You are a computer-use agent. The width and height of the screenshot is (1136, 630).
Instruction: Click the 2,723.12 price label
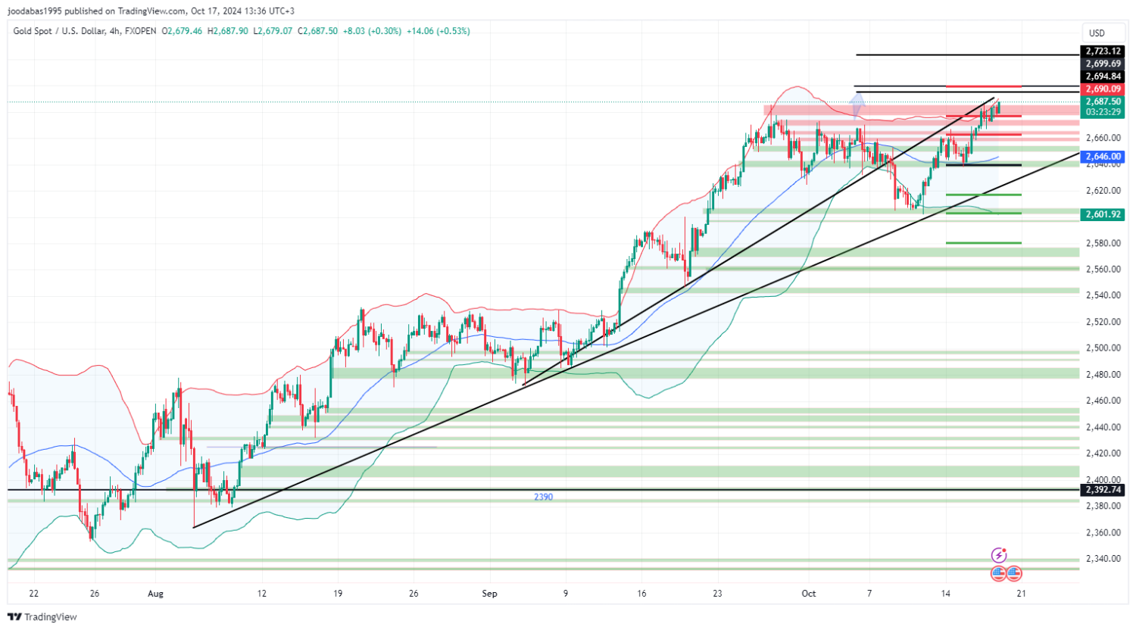[1103, 51]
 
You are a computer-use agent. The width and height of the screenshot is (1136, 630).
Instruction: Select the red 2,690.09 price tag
[1103, 89]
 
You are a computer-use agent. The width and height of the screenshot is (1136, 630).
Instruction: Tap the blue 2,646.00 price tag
[1103, 157]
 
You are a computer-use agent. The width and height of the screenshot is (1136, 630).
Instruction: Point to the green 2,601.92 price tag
[1103, 214]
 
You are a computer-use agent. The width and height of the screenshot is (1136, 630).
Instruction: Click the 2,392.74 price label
[1103, 490]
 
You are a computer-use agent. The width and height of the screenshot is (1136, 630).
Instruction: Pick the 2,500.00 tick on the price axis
[1103, 348]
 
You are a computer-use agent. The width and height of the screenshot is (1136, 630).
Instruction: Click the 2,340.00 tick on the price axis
[1103, 559]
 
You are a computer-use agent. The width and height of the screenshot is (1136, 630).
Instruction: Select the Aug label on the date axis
[155, 594]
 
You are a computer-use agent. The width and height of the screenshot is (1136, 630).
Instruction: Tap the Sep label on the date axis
[490, 594]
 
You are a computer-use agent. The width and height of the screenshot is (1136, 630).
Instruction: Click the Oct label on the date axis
[809, 594]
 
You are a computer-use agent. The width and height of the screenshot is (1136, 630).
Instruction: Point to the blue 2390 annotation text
[543, 497]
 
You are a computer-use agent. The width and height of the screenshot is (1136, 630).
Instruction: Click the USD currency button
[1097, 33]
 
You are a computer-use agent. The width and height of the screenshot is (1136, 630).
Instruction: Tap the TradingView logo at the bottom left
[42, 617]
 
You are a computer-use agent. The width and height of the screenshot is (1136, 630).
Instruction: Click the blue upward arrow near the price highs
[857, 104]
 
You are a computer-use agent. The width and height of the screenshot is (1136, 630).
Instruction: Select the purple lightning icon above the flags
[1000, 556]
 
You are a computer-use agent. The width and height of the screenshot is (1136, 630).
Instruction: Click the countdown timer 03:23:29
[1103, 112]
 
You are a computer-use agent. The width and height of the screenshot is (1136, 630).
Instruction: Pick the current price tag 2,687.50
[1103, 101]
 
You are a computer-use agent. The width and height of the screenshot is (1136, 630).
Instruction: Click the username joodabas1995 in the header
[36, 11]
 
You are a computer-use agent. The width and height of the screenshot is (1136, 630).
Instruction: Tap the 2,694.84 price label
[1103, 76]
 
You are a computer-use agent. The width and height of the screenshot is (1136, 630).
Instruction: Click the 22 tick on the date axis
[33, 594]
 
